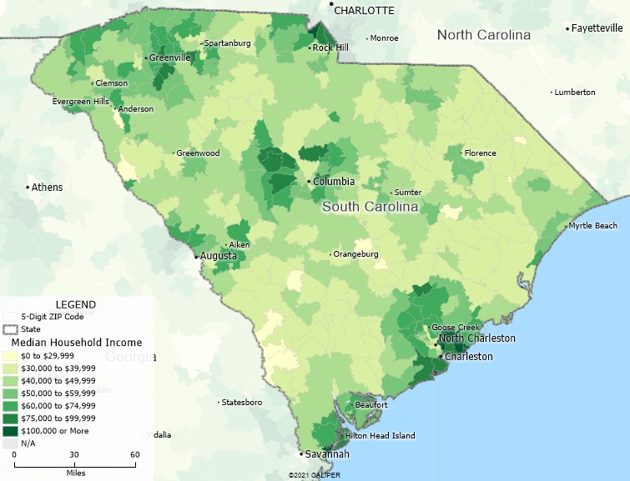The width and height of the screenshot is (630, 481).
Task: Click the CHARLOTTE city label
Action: click(364, 10)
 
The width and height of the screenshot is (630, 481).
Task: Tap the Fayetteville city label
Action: click(598, 28)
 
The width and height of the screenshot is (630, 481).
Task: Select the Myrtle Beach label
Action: click(593, 226)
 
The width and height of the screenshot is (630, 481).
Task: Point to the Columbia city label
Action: click(334, 182)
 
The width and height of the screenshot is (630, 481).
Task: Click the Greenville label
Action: click(169, 58)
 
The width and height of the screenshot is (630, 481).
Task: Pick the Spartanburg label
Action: click(228, 43)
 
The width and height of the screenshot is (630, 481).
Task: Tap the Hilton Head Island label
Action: click(381, 435)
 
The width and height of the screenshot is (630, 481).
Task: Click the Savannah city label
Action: click(326, 454)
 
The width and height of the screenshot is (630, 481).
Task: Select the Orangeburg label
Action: click(357, 253)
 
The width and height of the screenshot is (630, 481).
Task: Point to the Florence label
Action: click(480, 153)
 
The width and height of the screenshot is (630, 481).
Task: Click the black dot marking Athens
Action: click(28, 187)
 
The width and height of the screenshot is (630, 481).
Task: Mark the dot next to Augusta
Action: click(196, 257)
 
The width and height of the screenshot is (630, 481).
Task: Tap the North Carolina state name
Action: click(484, 35)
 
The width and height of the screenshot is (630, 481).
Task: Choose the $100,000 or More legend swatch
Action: click(9, 431)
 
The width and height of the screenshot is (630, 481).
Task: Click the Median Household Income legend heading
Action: click(76, 342)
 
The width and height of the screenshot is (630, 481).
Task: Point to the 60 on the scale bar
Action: click(134, 454)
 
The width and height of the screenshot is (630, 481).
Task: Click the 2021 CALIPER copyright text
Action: click(315, 475)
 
